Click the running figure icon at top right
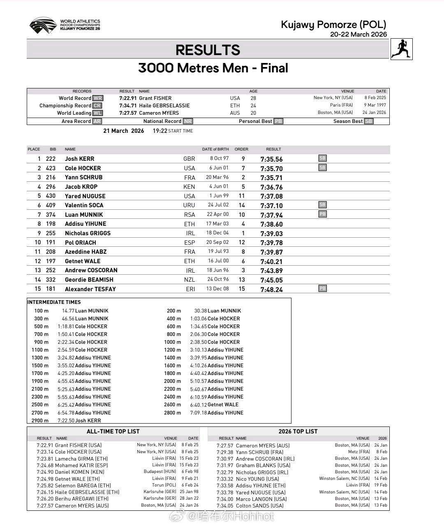click(401, 49)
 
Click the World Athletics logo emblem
click(43, 25)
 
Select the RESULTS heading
click(208, 50)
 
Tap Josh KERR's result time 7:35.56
click(271, 159)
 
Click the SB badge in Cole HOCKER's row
click(322, 167)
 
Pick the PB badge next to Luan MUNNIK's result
click(322, 214)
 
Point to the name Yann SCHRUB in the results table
click(83, 177)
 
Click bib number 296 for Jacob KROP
click(51, 187)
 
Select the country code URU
click(189, 205)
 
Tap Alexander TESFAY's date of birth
click(217, 289)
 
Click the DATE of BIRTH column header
click(215, 149)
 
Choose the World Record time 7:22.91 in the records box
click(128, 98)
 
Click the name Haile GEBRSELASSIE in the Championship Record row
click(164, 106)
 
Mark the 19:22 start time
click(160, 131)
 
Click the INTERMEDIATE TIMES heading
click(54, 302)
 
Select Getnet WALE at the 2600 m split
click(223, 405)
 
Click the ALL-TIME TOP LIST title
click(113, 431)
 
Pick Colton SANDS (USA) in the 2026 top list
click(259, 505)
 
